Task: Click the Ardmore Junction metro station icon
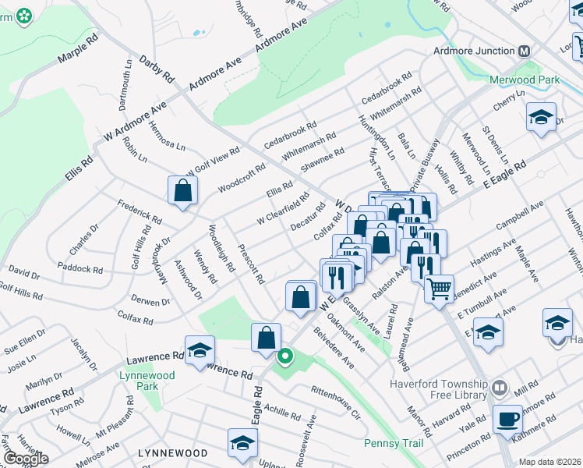[x=524, y=51]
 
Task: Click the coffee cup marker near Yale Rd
[x=509, y=418]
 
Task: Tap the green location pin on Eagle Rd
[x=285, y=358]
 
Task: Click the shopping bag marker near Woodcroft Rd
[x=182, y=190]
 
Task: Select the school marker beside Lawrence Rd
[x=200, y=349]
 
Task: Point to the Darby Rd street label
[x=156, y=69]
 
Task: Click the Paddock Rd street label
[x=85, y=269]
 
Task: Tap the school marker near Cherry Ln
[x=541, y=117]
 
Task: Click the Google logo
[x=26, y=459]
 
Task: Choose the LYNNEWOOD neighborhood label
[x=172, y=453]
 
